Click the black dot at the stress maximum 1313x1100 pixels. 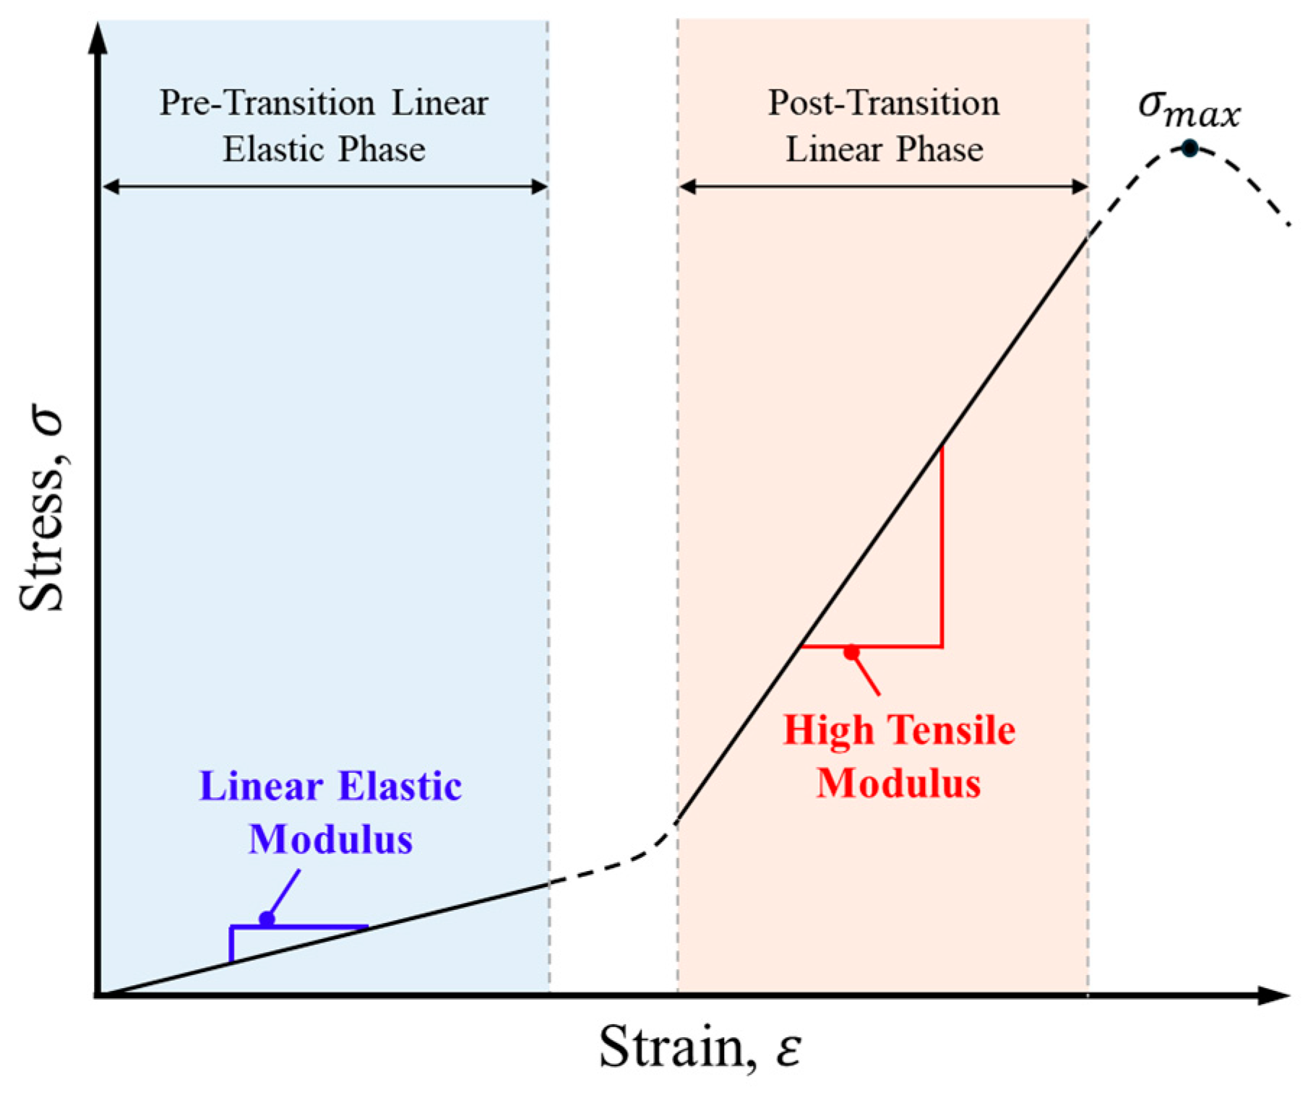pyautogui.click(x=1189, y=149)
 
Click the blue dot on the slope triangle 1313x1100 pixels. pyautogui.click(x=267, y=919)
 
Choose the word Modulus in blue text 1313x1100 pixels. pyautogui.click(x=330, y=840)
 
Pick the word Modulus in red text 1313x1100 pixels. pyautogui.click(x=898, y=784)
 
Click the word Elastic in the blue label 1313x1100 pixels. pyautogui.click(x=400, y=787)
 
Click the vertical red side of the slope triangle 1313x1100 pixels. pyautogui.click(x=942, y=549)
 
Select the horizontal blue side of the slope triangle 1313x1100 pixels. pyautogui.click(x=318, y=926)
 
